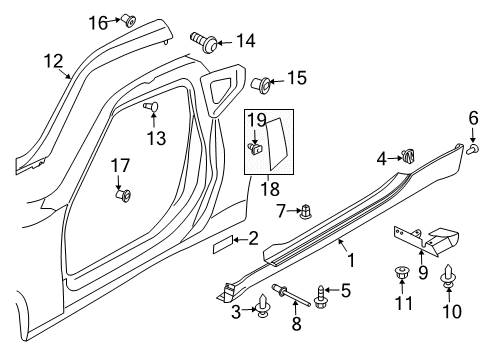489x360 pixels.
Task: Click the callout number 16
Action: point(97,21)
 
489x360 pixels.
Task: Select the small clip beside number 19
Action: point(257,148)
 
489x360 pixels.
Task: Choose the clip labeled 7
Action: point(308,211)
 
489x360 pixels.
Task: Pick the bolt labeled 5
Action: point(319,294)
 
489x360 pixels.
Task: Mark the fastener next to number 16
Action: point(128,18)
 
